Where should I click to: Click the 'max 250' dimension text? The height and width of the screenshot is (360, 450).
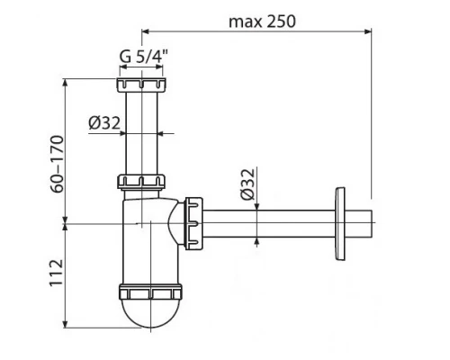262,20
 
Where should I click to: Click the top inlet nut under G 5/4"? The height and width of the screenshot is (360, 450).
142,88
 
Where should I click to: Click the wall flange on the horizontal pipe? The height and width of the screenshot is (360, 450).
339,220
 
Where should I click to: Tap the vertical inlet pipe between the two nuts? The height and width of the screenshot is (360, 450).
142,135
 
